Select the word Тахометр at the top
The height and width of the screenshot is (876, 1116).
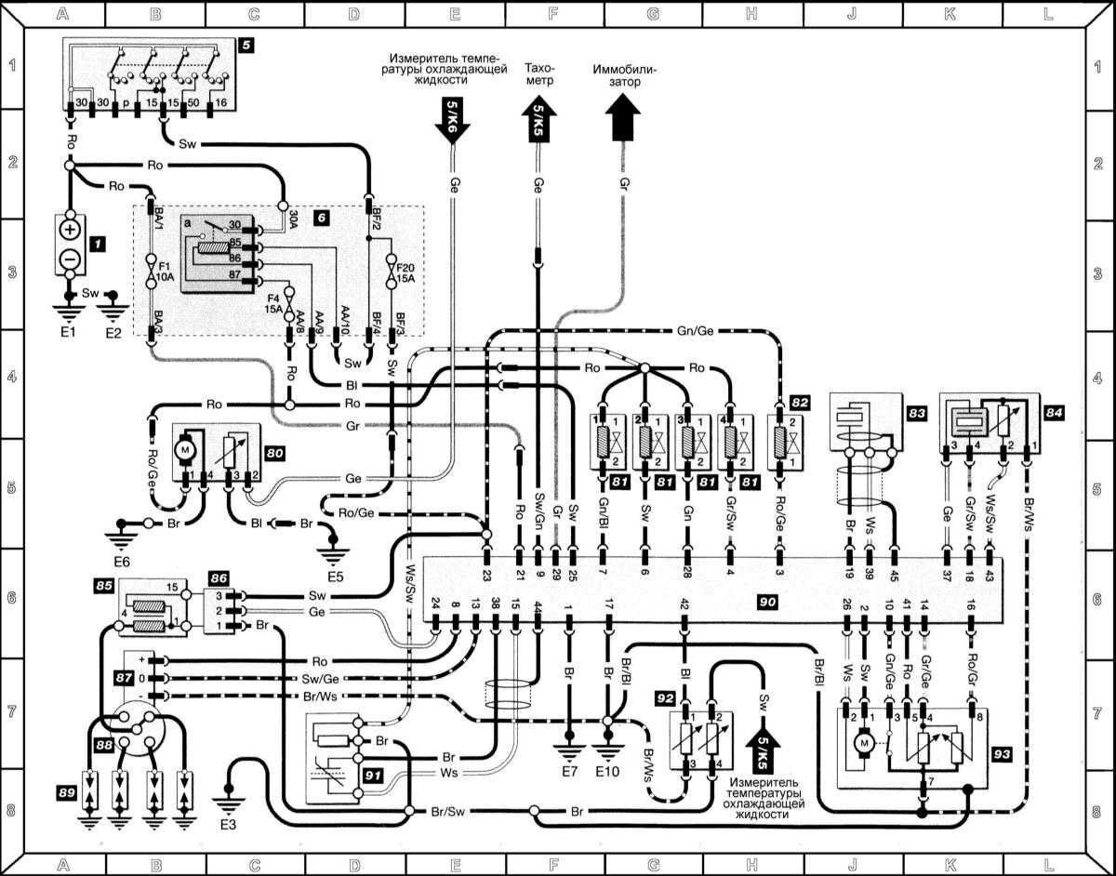click(538, 74)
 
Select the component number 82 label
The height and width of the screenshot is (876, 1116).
click(800, 402)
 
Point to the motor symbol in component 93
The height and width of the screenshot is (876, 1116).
click(865, 743)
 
